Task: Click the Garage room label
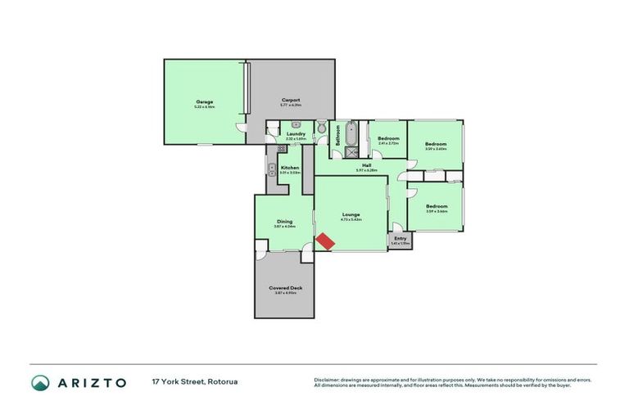point(204,101)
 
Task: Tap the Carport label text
point(291,100)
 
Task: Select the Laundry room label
point(296,133)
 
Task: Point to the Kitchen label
point(290,168)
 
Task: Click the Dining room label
point(284,221)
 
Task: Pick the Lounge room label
point(351,215)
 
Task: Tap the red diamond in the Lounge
point(325,241)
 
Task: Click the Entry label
point(400,238)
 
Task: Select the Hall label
point(367,165)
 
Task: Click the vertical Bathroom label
point(339,134)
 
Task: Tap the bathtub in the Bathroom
point(352,133)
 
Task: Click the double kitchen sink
point(271,169)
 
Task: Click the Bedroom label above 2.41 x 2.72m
point(387,138)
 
